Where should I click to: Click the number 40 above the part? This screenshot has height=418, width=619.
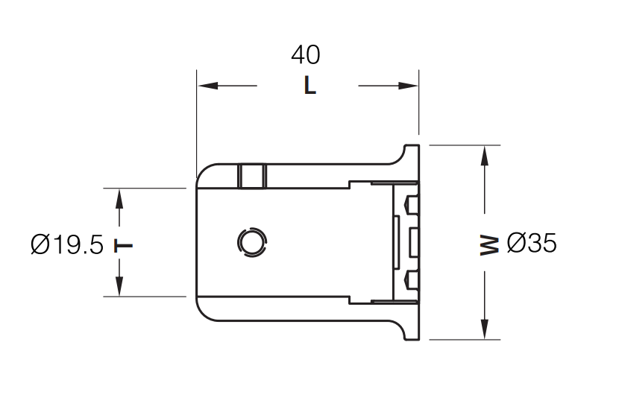pos(306,55)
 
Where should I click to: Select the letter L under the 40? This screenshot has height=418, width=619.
pos(309,86)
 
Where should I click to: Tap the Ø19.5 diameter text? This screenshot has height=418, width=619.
pos(67,244)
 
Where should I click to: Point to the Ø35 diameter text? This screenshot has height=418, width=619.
pos(531,243)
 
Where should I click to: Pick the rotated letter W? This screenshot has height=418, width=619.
pos(488,245)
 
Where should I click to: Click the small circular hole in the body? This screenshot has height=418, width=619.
pos(251,241)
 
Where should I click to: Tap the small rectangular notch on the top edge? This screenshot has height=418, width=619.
pos(252,177)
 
